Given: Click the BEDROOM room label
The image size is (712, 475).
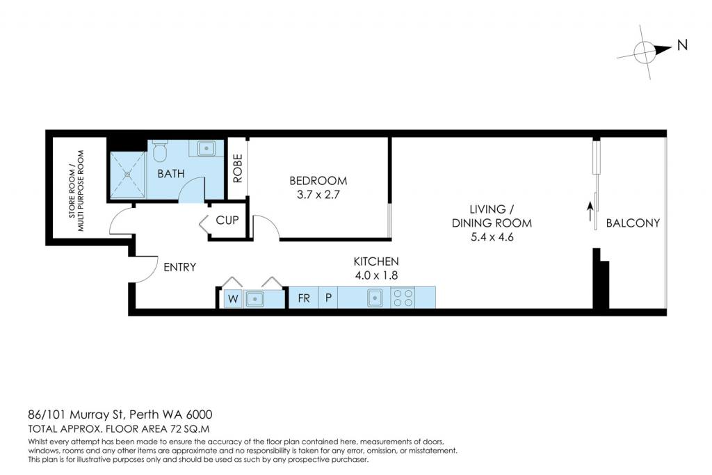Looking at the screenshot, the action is [318, 180].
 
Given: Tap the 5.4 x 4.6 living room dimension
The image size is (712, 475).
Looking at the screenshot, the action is [492, 236].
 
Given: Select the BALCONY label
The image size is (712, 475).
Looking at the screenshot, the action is [633, 223].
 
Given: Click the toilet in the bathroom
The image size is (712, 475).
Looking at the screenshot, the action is [159, 151].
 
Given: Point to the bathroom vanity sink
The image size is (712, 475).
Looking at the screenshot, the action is [207, 148].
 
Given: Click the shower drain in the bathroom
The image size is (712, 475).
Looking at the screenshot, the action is [128, 173].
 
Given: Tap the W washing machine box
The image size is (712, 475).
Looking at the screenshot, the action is [233, 298].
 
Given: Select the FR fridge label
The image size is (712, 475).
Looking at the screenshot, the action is [304, 298].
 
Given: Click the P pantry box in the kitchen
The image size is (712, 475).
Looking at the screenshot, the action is [328, 298].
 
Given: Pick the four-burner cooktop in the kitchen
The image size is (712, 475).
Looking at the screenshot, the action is [403, 298].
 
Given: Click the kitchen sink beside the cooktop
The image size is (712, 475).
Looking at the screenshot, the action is [375, 298].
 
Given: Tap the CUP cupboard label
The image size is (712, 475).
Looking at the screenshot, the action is [227, 220].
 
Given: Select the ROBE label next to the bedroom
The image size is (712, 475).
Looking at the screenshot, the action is [238, 168].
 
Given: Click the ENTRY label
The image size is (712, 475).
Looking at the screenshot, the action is [180, 267].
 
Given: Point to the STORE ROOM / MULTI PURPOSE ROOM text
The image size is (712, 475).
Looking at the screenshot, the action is [76, 191].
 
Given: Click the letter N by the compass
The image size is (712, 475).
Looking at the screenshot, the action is [682, 45].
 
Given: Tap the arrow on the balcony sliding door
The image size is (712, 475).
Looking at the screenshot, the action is [590, 211].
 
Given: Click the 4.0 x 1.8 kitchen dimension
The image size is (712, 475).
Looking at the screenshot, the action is [376, 275].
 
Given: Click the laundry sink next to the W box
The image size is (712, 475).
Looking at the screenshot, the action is [254, 299].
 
